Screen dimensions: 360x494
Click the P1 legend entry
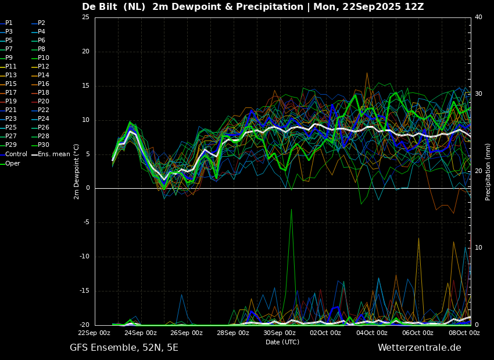click(9, 23)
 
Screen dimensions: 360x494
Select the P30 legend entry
click(44, 145)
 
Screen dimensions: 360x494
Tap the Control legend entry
click(16, 154)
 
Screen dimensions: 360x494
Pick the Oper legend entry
click(13, 164)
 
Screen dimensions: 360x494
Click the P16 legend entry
click(44, 84)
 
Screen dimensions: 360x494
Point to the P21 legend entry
click(11, 110)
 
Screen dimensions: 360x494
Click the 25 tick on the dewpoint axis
click(85, 17)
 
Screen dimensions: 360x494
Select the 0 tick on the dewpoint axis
click(88, 188)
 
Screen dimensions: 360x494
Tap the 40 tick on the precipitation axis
click(478, 17)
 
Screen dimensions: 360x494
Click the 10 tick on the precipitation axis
click(478, 248)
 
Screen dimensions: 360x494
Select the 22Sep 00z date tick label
click(95, 333)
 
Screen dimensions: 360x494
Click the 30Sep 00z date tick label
click(280, 333)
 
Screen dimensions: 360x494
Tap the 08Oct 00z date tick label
click(464, 333)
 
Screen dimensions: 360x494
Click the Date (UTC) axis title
click(282, 342)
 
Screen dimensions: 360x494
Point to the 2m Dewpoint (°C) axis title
click(77, 171)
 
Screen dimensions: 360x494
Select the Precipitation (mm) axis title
click(488, 171)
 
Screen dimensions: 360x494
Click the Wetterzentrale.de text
click(419, 348)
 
